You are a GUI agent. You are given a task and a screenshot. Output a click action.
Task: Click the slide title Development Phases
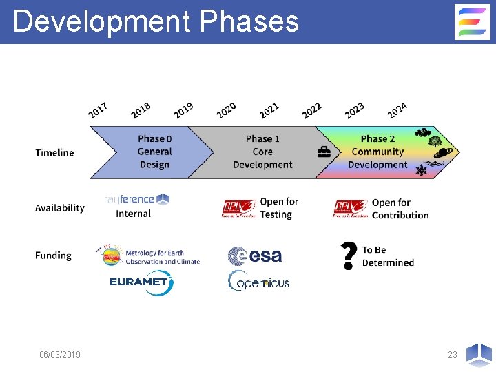[x=156, y=21]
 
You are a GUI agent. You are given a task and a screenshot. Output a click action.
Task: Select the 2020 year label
[x=227, y=109]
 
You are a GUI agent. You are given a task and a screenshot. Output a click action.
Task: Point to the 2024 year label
[x=397, y=109]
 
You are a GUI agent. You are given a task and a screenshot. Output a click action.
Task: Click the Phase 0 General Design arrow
[x=154, y=152]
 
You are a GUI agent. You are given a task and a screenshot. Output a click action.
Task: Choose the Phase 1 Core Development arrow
[x=262, y=152]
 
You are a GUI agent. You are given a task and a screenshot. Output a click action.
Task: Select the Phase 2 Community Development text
[x=378, y=152]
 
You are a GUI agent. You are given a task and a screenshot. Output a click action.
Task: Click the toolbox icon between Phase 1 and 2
[x=324, y=153]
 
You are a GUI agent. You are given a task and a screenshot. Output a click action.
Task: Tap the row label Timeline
[x=54, y=152]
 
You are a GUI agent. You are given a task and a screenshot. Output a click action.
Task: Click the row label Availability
[x=60, y=207]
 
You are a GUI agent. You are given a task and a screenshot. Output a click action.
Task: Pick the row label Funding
[x=53, y=255]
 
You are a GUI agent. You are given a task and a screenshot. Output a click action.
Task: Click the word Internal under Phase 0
[x=133, y=214]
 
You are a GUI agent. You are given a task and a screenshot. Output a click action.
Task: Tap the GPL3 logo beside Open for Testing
[x=239, y=208]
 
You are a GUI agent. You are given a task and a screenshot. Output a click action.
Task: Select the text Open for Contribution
[x=400, y=209]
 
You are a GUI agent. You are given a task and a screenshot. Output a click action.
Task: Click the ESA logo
[x=255, y=256]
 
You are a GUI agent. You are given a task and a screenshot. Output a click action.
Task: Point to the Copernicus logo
[x=258, y=281]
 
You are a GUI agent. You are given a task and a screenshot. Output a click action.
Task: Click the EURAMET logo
[x=141, y=282]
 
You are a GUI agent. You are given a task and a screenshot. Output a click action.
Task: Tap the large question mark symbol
[x=349, y=256]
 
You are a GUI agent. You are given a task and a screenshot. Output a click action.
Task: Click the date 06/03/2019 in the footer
[x=60, y=354]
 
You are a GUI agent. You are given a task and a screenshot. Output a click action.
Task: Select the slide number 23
[x=452, y=354]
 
